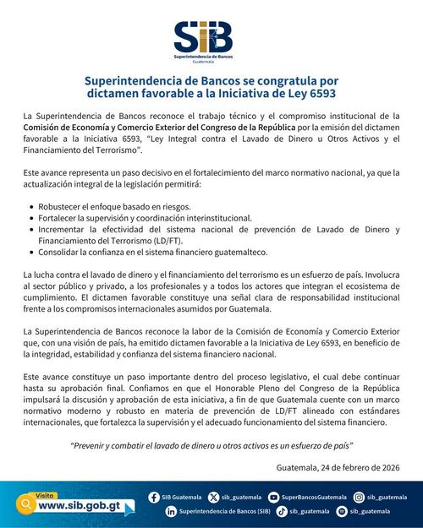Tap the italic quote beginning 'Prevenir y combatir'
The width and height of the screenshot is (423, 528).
click(211, 444)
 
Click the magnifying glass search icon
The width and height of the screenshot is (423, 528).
click(26, 504)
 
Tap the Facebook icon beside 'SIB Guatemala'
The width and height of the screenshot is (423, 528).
click(153, 498)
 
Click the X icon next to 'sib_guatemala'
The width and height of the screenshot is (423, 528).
click(213, 498)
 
